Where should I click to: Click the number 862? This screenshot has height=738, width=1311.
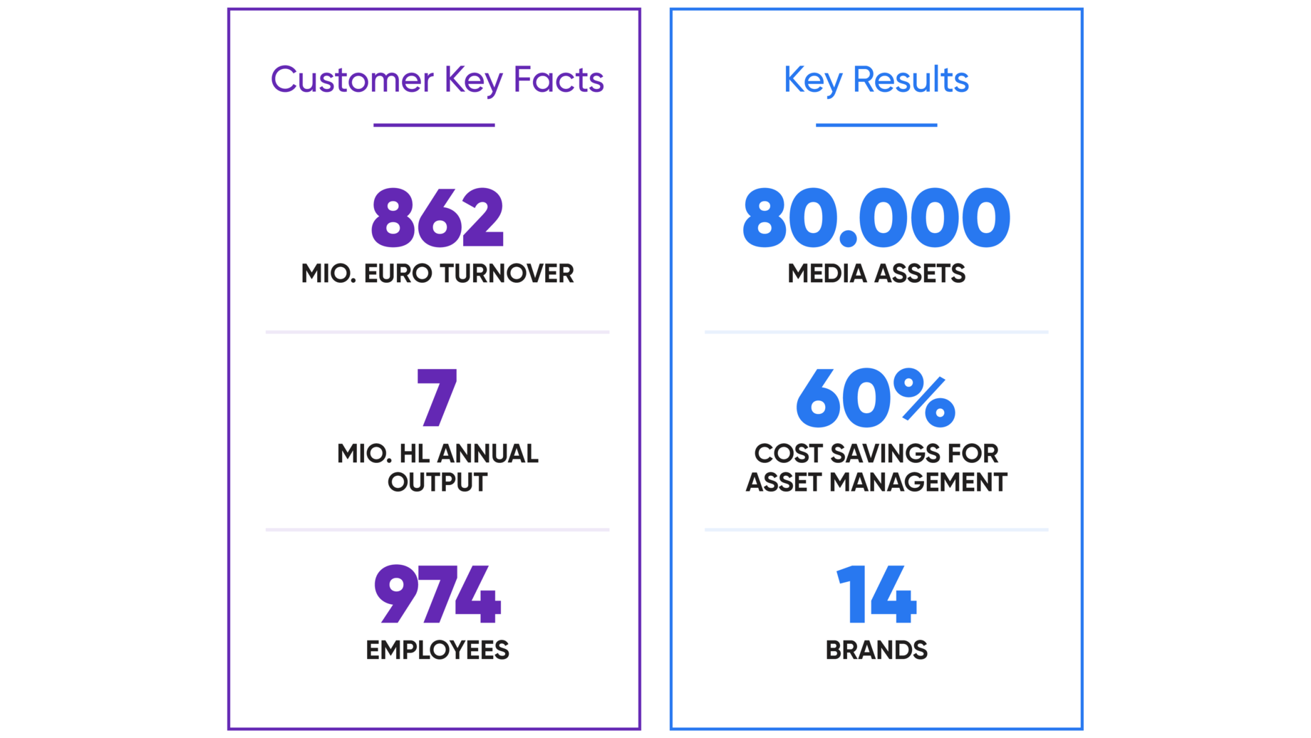[x=437, y=218]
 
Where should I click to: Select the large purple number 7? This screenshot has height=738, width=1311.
[x=437, y=397]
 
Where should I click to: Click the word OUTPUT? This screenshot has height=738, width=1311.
[x=437, y=482]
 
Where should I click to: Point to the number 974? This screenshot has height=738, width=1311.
[x=437, y=594]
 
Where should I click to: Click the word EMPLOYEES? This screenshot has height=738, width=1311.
[x=437, y=650]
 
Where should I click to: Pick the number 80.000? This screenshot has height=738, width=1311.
[x=876, y=218]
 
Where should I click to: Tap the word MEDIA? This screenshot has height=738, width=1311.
[x=827, y=274]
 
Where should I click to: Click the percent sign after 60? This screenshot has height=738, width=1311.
[x=924, y=399]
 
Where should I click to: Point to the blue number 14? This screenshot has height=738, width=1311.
[x=876, y=594]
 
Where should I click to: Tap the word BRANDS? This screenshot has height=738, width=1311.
[x=876, y=650]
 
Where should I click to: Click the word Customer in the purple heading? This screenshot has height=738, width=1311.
[x=352, y=80]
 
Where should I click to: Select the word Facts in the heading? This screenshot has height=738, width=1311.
[x=559, y=80]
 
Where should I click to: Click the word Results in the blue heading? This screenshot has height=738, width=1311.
[x=911, y=80]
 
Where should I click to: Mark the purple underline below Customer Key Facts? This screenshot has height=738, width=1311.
[x=434, y=125]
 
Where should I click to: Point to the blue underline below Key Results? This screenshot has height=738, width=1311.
[x=876, y=125]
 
